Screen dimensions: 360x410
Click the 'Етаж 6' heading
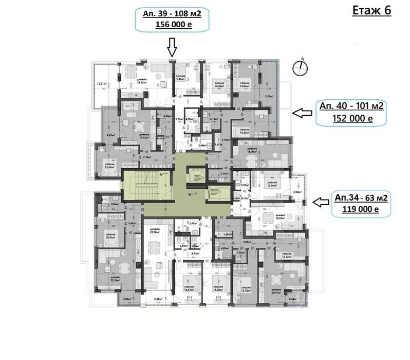click(371, 11)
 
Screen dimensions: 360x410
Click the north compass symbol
click(301, 65)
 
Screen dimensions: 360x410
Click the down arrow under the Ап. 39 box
click(172, 49)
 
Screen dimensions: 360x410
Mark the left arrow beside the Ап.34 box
click(321, 203)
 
